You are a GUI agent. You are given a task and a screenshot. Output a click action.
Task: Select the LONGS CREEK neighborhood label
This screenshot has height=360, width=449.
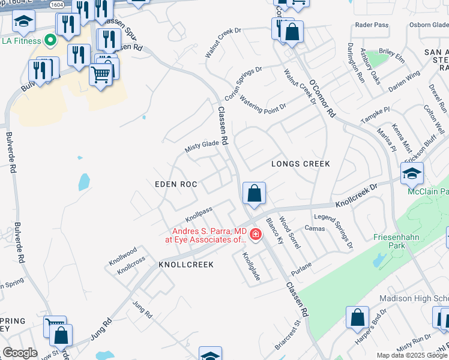(x=301, y=163)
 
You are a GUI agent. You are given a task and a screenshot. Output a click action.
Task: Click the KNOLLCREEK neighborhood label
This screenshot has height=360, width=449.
(x=186, y=264)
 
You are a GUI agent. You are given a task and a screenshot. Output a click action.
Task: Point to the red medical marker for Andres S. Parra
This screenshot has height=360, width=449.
(x=255, y=233)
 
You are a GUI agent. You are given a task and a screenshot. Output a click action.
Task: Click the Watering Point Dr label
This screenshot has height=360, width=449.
(x=262, y=103)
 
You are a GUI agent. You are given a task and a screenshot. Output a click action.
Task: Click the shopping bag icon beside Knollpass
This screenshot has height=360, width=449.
(x=254, y=194)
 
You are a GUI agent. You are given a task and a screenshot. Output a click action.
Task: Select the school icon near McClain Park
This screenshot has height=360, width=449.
(x=412, y=173)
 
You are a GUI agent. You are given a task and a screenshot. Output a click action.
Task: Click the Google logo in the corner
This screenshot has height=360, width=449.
(x=20, y=353)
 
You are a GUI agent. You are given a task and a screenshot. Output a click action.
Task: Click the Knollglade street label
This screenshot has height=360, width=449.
(x=249, y=268)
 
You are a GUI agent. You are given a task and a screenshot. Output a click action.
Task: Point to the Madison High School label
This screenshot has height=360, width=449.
(x=414, y=299)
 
